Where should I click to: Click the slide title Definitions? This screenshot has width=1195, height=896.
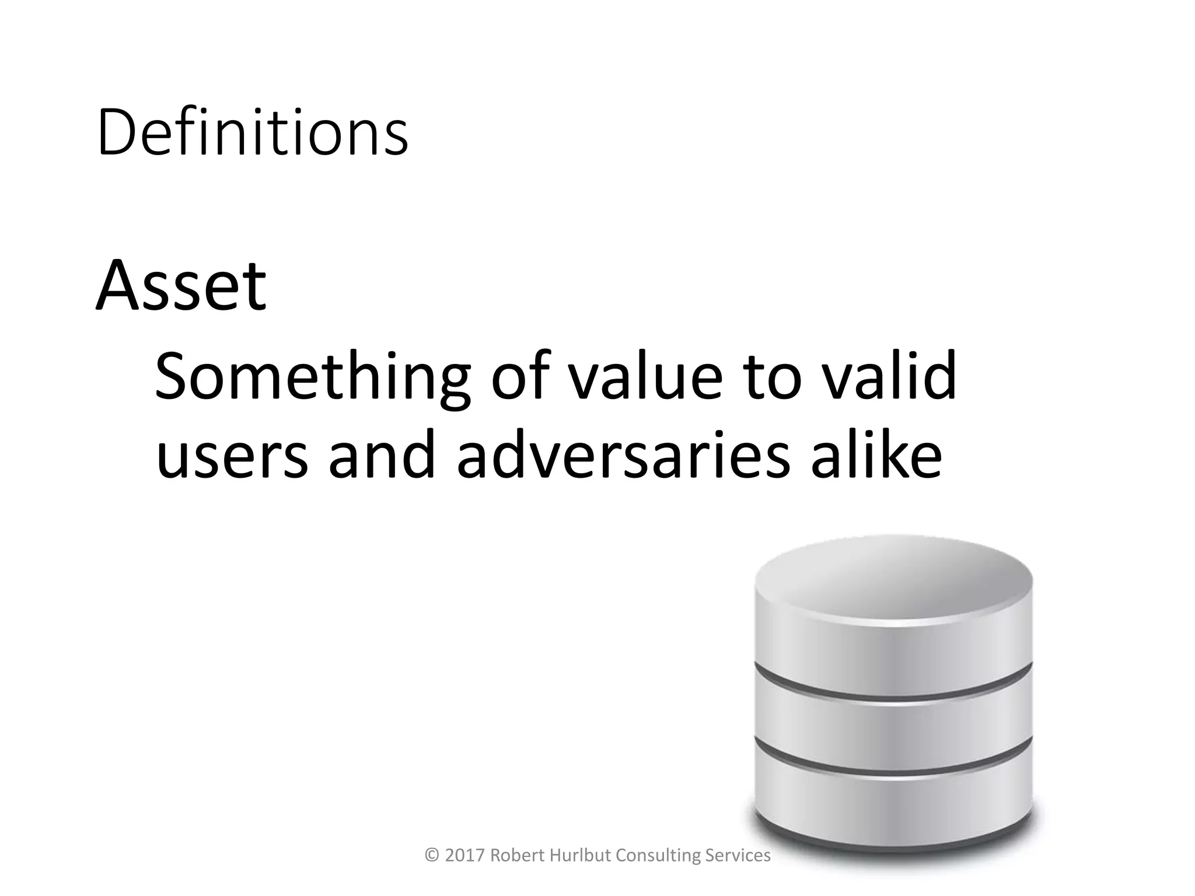coord(252,133)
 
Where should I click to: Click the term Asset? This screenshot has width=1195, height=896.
coord(181,286)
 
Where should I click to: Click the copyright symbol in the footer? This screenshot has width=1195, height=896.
coord(432,855)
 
